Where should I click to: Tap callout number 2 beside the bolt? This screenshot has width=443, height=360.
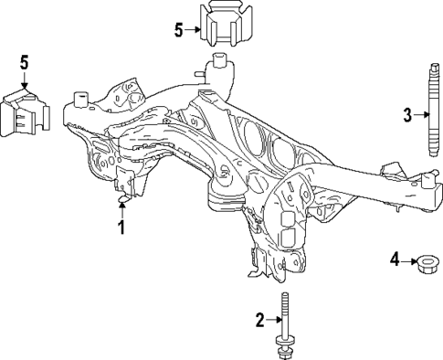[x=259, y=319]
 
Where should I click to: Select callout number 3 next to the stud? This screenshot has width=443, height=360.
[x=407, y=115]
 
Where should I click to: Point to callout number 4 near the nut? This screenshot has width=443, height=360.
[x=396, y=260]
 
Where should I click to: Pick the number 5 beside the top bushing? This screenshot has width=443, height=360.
[x=179, y=29]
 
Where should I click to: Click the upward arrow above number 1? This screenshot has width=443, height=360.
[x=121, y=206]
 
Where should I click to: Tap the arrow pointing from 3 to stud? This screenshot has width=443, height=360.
[x=421, y=115]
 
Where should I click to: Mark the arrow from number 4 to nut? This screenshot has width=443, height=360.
[x=410, y=260]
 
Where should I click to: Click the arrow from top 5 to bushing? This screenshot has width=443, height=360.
[x=194, y=29]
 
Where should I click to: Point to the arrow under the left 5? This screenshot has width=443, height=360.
[x=26, y=80]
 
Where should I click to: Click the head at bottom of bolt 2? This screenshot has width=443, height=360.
[x=285, y=347]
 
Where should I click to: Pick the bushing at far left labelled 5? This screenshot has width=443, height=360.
[x=26, y=112]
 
